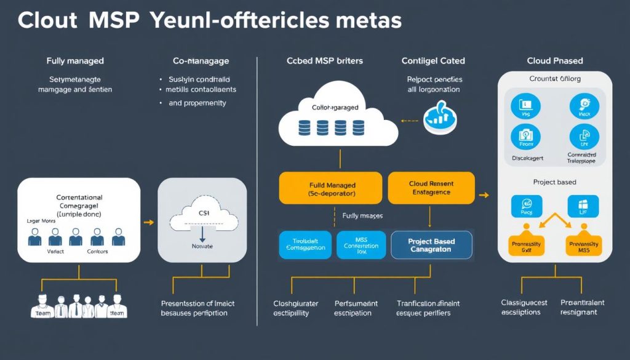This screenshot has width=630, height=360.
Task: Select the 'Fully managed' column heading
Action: click(75, 61)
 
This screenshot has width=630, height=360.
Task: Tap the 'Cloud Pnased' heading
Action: click(554, 61)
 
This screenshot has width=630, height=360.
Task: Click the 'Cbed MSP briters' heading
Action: click(324, 61)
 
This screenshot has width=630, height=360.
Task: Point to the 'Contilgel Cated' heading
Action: click(433, 61)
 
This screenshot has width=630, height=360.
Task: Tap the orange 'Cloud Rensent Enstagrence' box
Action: click(431, 188)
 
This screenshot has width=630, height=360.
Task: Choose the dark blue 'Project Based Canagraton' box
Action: click(431, 245)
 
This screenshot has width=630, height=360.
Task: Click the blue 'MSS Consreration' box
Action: click(361, 245)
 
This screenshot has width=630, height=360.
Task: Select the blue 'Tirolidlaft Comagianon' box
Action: click(306, 245)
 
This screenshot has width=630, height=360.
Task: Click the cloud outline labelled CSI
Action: click(202, 216)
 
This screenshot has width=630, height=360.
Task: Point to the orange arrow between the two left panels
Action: click(148, 223)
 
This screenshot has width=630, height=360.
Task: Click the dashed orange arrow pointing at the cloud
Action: click(408, 121)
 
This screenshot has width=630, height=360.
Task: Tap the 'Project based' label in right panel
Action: click(554, 182)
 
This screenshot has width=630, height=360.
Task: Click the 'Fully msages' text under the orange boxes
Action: click(362, 216)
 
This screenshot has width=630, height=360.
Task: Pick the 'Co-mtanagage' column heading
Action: click(201, 61)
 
